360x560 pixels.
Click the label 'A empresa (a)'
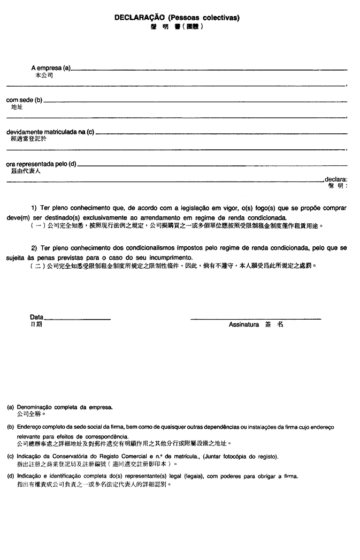51,69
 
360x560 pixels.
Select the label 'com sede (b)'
24,100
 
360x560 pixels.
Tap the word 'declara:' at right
336,179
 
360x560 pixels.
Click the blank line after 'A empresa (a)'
209,70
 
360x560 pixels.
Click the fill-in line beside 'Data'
78,319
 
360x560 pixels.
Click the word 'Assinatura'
244,324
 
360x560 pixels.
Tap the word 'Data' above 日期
37,317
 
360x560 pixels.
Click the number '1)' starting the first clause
34,208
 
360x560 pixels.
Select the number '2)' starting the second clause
34,248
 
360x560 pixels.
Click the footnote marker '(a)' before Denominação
10,407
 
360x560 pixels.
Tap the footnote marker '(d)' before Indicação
10,476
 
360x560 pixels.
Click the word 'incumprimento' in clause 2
172,258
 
